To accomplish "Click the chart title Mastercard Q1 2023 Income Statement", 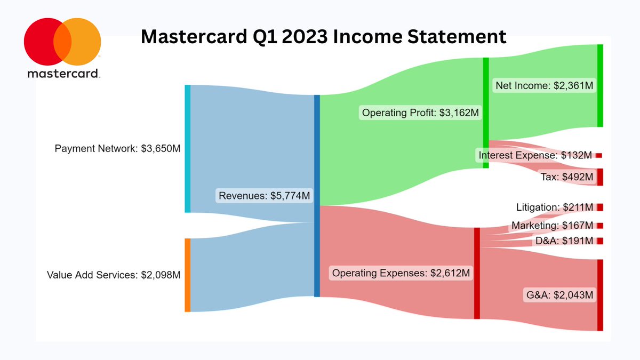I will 324,36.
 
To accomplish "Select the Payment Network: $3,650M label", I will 118,148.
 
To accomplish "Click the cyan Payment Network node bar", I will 187,148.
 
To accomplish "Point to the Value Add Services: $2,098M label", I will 114,275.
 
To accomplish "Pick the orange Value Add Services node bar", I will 187,275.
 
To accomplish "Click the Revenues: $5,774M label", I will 264,196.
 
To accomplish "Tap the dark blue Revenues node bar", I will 317,196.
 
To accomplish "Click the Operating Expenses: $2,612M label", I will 401,273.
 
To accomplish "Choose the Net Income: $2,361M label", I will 544,85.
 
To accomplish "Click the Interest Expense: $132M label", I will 535,155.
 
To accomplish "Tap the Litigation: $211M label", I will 555,207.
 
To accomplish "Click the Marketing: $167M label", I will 552,226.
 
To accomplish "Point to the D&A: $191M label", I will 564,241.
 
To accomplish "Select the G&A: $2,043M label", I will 558,294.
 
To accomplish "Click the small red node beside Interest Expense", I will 599,155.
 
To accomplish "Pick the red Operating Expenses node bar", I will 477,273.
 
